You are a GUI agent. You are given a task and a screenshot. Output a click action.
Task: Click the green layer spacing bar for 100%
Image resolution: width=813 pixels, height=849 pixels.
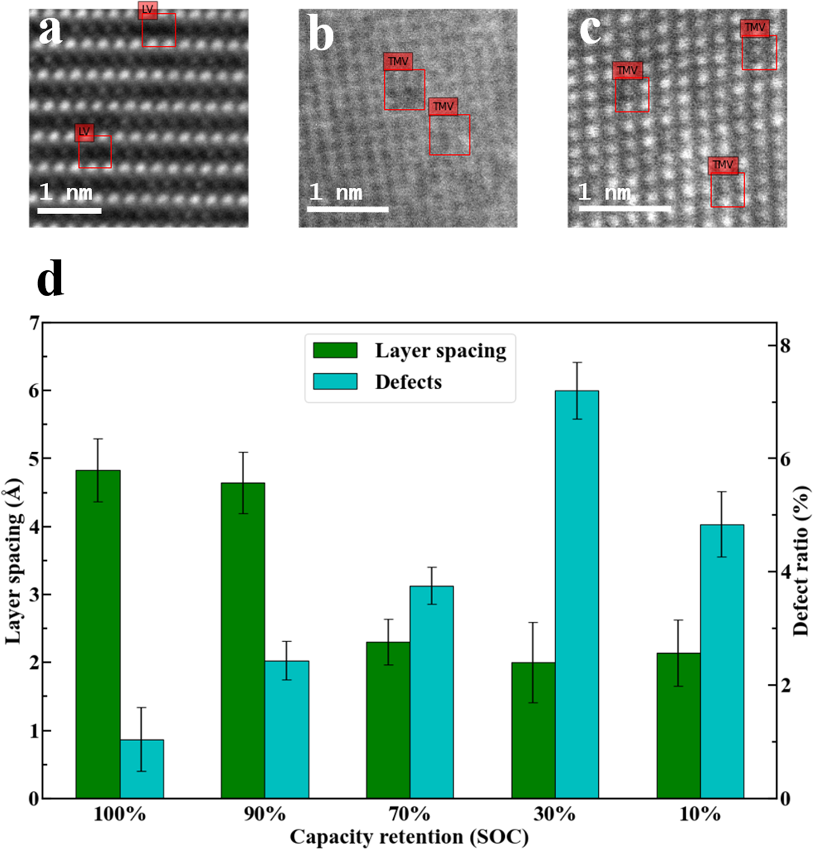[98, 633]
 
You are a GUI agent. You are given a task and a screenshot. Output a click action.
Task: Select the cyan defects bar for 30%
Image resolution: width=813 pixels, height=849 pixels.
[577, 594]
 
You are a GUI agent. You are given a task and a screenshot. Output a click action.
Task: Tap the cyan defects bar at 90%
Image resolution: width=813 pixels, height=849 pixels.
[286, 730]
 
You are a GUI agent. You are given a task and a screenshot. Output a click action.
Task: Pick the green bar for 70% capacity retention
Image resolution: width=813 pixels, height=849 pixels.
[388, 720]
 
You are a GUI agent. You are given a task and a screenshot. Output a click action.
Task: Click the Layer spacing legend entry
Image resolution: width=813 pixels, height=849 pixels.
[440, 350]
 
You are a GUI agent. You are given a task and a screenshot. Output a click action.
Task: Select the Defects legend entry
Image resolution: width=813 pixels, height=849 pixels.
[408, 382]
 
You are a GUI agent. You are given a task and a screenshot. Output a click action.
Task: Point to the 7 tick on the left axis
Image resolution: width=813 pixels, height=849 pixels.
[33, 323]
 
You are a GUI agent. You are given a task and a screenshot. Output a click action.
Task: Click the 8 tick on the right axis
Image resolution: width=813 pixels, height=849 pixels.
[785, 346]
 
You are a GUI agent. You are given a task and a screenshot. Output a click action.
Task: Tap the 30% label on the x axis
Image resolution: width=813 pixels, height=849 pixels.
[554, 815]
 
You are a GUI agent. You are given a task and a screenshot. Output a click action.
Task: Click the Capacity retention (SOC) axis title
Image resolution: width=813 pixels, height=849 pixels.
[409, 837]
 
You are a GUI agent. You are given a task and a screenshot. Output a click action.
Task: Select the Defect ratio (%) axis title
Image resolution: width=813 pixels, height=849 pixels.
[800, 561]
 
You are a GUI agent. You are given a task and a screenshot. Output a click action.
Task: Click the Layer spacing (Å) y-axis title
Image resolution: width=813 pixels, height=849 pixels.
[13, 561]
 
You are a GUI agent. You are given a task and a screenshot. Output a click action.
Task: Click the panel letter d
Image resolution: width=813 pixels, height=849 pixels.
[50, 280]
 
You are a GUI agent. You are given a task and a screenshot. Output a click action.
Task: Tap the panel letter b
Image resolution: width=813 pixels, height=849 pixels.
[320, 34]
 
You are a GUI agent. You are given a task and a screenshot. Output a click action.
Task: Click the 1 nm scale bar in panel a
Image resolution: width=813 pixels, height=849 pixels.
[69, 210]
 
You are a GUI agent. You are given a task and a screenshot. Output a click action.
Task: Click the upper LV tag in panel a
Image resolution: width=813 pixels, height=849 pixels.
[148, 10]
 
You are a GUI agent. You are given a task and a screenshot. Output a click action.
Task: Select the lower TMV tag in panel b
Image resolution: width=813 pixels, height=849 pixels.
[443, 107]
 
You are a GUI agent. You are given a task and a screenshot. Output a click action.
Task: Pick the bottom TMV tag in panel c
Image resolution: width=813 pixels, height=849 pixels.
[723, 165]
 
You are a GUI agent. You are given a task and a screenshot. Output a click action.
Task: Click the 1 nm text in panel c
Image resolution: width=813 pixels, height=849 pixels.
[604, 192]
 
